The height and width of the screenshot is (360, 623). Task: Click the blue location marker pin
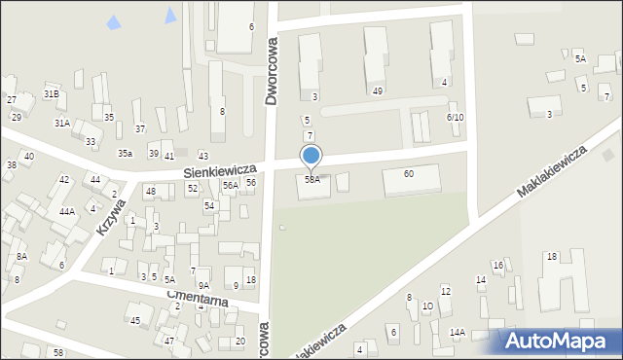pyautogui.click(x=311, y=156)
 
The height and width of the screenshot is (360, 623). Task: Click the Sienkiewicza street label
pyautogui.click(x=219, y=170)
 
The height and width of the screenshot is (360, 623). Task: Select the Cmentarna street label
pyautogui.click(x=197, y=300)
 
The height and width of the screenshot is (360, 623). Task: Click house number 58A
pyautogui.click(x=311, y=180)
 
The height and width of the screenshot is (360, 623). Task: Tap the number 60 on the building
pyautogui.click(x=409, y=173)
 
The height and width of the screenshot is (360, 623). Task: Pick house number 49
pyautogui.click(x=377, y=90)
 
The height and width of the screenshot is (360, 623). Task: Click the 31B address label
pyautogui.click(x=52, y=93)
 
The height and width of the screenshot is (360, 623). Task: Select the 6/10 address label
pyautogui.click(x=455, y=117)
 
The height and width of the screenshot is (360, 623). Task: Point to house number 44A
pyautogui.click(x=66, y=211)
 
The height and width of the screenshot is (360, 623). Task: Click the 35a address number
pyautogui.click(x=125, y=154)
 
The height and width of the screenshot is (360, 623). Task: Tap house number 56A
pyautogui.click(x=230, y=185)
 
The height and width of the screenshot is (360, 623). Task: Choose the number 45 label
pyautogui.click(x=135, y=320)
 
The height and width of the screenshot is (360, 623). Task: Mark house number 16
pyautogui.click(x=497, y=265)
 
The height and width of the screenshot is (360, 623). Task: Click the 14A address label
pyautogui.click(x=457, y=332)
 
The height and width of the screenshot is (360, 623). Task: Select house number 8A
pyautogui.click(x=21, y=256)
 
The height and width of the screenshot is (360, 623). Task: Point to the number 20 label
pyautogui.click(x=239, y=341)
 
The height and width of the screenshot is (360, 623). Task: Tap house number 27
pyautogui.click(x=12, y=100)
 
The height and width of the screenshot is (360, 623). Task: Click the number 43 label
pyautogui.click(x=202, y=157)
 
